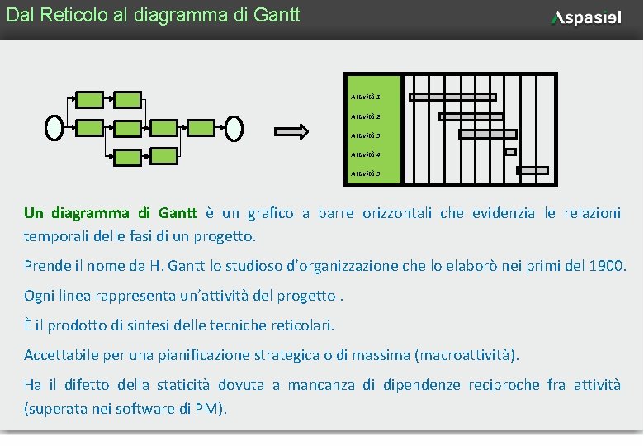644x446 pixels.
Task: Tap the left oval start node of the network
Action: pyautogui.click(x=54, y=126)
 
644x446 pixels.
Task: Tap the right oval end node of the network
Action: pyautogui.click(x=234, y=126)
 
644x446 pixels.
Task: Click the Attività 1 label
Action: pyautogui.click(x=366, y=97)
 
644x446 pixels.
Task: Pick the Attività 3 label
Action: pyautogui.click(x=366, y=135)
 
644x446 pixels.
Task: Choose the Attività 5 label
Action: pyautogui.click(x=366, y=173)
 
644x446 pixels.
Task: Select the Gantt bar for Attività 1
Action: pyautogui.click(x=452, y=97)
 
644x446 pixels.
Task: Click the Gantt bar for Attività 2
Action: pyautogui.click(x=471, y=116)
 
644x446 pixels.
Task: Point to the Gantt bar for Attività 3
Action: pyautogui.click(x=487, y=134)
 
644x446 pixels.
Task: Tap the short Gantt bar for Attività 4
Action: pyautogui.click(x=510, y=152)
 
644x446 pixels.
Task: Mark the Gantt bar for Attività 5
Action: pyautogui.click(x=533, y=171)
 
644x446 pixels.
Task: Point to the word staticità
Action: pyautogui.click(x=183, y=385)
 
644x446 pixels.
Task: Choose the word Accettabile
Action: pyautogui.click(x=62, y=355)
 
